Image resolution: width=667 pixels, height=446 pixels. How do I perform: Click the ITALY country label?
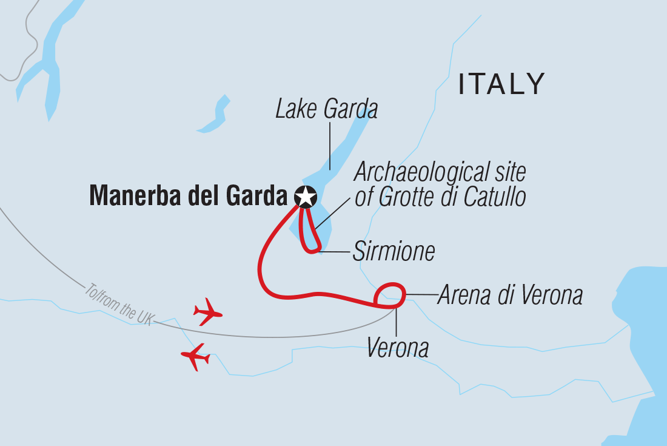click(x=501, y=84)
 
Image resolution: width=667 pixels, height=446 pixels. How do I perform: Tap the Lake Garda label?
click(x=326, y=110)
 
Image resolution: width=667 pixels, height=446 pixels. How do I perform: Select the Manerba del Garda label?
click(x=188, y=197)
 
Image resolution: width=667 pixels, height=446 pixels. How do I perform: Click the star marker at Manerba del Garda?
click(x=306, y=197)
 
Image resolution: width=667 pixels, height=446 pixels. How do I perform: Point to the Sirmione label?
click(x=394, y=251)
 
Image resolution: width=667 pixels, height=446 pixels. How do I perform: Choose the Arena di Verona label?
click(x=509, y=296)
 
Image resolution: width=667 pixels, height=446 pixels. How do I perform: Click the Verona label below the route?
click(x=398, y=348)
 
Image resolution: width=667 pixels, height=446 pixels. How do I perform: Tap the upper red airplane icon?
click(x=207, y=312)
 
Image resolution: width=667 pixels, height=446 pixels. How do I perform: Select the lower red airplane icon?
click(x=195, y=356)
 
